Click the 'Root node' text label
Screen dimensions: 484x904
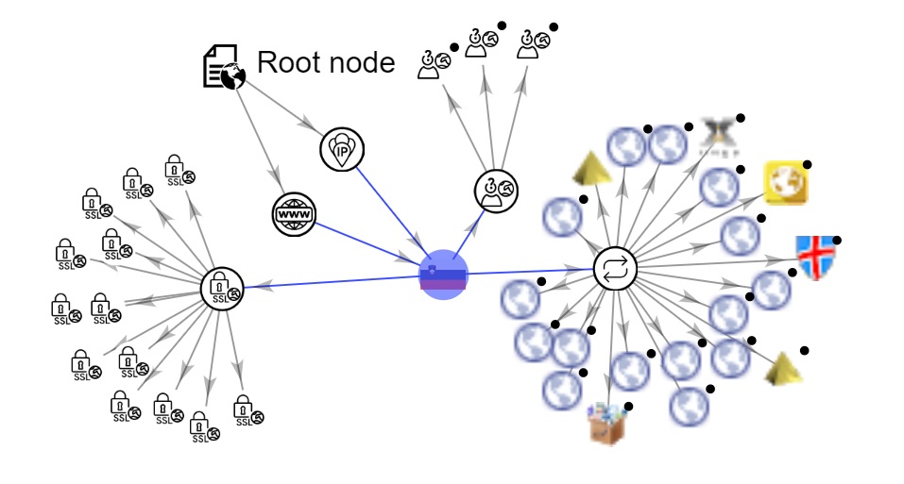(x=326, y=63)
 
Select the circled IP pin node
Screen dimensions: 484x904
(x=342, y=150)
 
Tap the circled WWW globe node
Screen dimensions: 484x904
(x=292, y=214)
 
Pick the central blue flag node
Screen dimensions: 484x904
(x=443, y=275)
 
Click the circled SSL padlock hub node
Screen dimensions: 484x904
(x=223, y=288)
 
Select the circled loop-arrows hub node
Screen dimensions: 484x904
(x=615, y=270)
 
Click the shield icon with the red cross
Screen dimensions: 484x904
(x=813, y=257)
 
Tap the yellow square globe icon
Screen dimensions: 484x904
(x=785, y=183)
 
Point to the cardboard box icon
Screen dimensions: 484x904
(x=606, y=423)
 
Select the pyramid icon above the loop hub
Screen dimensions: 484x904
(x=591, y=169)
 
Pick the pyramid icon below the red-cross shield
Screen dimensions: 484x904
(x=783, y=368)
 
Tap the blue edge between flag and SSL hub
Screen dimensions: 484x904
(x=331, y=281)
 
